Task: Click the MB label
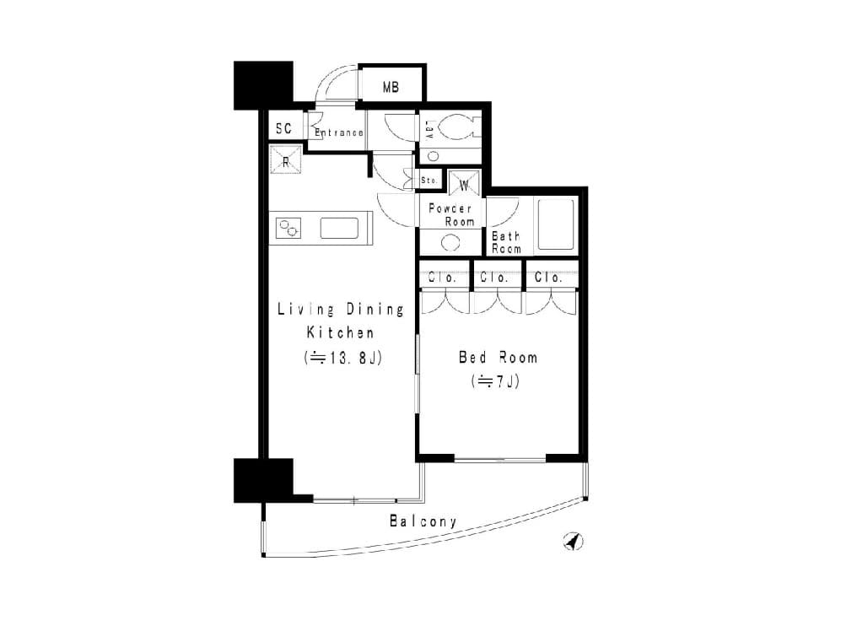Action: (x=391, y=87)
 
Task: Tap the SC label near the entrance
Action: (x=283, y=128)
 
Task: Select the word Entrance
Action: (x=339, y=132)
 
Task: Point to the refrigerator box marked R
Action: (x=285, y=159)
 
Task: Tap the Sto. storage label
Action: (x=429, y=181)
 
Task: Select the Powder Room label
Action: (x=451, y=214)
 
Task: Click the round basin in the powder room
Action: (x=450, y=242)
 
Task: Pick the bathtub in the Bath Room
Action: (x=556, y=224)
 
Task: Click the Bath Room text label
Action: (x=506, y=242)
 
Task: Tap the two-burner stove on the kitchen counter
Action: (x=288, y=228)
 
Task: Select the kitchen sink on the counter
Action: (x=339, y=228)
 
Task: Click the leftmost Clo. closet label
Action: (x=442, y=278)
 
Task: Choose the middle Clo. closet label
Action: (x=494, y=278)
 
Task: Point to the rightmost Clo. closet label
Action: (x=548, y=278)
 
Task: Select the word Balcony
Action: (x=423, y=521)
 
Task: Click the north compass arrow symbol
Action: (x=574, y=542)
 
